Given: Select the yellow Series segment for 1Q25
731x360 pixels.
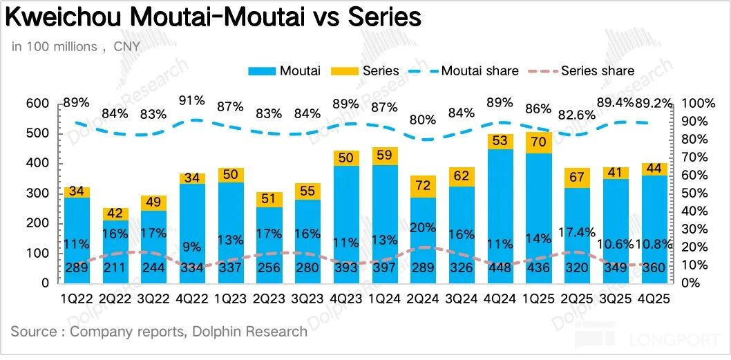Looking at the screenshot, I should click(538, 142).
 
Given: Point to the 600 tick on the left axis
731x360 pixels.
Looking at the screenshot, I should click(38, 104).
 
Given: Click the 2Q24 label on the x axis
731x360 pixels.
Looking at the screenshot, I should click(422, 300).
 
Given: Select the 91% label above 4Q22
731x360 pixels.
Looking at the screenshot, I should click(191, 100).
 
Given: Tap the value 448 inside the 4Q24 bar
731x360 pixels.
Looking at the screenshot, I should click(500, 269).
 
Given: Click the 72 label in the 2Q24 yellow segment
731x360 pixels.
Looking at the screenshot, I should click(422, 185).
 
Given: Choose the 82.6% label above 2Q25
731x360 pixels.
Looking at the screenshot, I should click(577, 116).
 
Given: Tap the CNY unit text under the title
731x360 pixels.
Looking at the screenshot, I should click(126, 47).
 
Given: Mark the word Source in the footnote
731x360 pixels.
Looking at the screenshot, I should click(33, 332).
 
